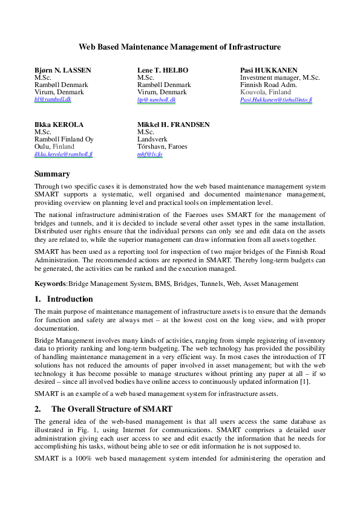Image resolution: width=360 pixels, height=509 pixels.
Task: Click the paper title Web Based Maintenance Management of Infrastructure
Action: click(x=180, y=47)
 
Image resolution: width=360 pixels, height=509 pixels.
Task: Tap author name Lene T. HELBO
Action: click(x=163, y=71)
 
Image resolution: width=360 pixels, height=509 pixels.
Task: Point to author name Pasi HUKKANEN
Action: click(x=269, y=71)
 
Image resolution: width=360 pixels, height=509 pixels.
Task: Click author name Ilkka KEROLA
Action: click(x=59, y=125)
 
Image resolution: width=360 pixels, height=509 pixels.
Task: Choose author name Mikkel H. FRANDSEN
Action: click(x=174, y=125)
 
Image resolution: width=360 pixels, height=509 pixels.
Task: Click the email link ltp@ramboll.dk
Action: click(x=156, y=99)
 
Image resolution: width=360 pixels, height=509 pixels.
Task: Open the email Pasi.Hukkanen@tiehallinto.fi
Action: click(x=276, y=99)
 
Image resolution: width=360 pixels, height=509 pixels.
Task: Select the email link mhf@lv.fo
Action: click(x=149, y=154)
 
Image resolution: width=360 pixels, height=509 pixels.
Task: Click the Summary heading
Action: click(x=52, y=174)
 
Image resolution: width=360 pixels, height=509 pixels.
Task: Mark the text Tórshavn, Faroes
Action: click(x=162, y=146)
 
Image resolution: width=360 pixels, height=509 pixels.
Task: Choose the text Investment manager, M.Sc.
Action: click(x=280, y=78)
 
